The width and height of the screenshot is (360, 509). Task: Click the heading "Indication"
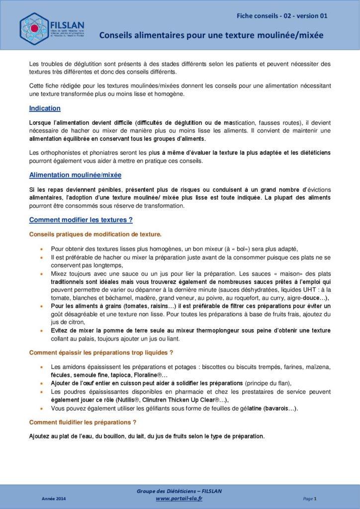[x=45, y=108]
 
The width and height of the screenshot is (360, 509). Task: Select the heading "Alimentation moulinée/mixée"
[x=75, y=175]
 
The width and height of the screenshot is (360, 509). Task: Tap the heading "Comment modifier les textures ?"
[x=81, y=220]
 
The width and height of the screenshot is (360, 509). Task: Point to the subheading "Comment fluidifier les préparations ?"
[x=83, y=422]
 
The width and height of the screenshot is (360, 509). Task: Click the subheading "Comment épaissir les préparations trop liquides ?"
[x=101, y=353]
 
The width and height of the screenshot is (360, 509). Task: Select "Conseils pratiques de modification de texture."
[x=95, y=234]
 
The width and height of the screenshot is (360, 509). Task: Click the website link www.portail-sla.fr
[x=179, y=499]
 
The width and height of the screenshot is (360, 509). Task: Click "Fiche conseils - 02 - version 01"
[x=282, y=16]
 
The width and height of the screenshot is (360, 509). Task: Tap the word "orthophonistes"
[x=59, y=152]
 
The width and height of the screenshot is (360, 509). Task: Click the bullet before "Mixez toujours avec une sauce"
[x=41, y=274]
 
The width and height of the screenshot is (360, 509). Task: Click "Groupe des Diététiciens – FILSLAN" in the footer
[x=179, y=491]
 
